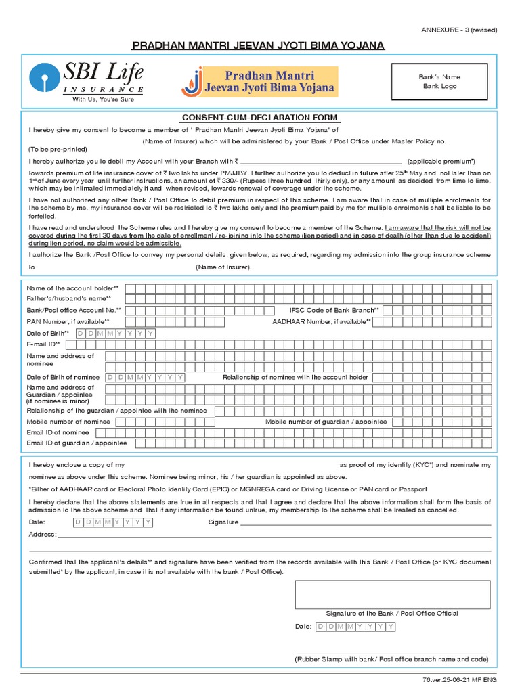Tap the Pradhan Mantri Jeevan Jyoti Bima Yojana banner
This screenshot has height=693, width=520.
(x=260, y=81)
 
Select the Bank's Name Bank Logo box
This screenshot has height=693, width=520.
(x=439, y=82)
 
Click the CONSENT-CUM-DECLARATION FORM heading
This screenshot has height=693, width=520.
(x=260, y=118)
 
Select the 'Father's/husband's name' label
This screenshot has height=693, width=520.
(x=68, y=299)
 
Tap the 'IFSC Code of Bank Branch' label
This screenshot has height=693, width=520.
(x=330, y=310)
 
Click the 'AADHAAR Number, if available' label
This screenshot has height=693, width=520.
(x=317, y=321)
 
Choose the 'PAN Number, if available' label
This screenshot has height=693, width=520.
(x=68, y=321)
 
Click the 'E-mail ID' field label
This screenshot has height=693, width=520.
(x=43, y=344)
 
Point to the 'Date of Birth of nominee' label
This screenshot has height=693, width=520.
(x=63, y=377)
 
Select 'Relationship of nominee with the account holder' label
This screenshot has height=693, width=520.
(x=295, y=377)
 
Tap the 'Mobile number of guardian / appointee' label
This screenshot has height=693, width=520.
(x=326, y=422)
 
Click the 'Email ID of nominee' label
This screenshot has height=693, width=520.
(x=58, y=432)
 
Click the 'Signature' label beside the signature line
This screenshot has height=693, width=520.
(x=223, y=522)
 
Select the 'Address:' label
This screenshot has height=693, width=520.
(x=42, y=535)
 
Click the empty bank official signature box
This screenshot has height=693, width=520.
(x=392, y=594)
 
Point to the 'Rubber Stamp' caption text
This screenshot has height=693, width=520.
(x=391, y=658)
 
